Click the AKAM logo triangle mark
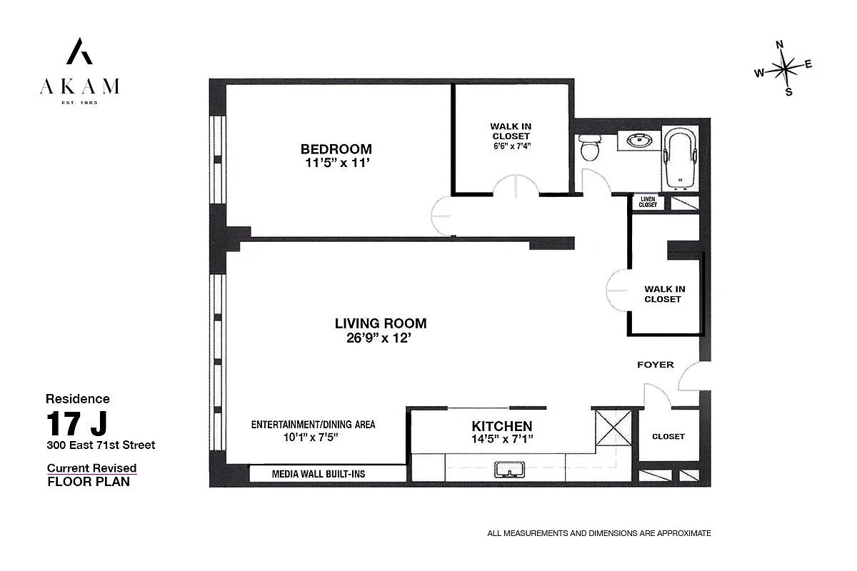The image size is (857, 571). [x=79, y=51]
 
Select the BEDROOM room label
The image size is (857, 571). [x=336, y=149]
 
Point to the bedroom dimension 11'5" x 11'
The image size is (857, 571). [x=336, y=163]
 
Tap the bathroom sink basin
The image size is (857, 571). [x=639, y=141]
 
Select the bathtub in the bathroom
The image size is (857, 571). [x=678, y=158]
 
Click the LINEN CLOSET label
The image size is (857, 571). [x=648, y=202]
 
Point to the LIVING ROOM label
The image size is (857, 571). [x=381, y=323]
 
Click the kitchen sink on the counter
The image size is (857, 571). [x=509, y=469]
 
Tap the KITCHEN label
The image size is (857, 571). [x=501, y=426]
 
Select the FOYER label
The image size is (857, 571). [x=655, y=365]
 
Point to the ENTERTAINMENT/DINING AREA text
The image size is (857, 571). [x=313, y=424]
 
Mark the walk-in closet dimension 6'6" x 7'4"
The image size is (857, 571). [x=511, y=146]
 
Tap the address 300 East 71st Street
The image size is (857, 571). [x=101, y=445]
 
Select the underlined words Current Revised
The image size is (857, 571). [x=91, y=468]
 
